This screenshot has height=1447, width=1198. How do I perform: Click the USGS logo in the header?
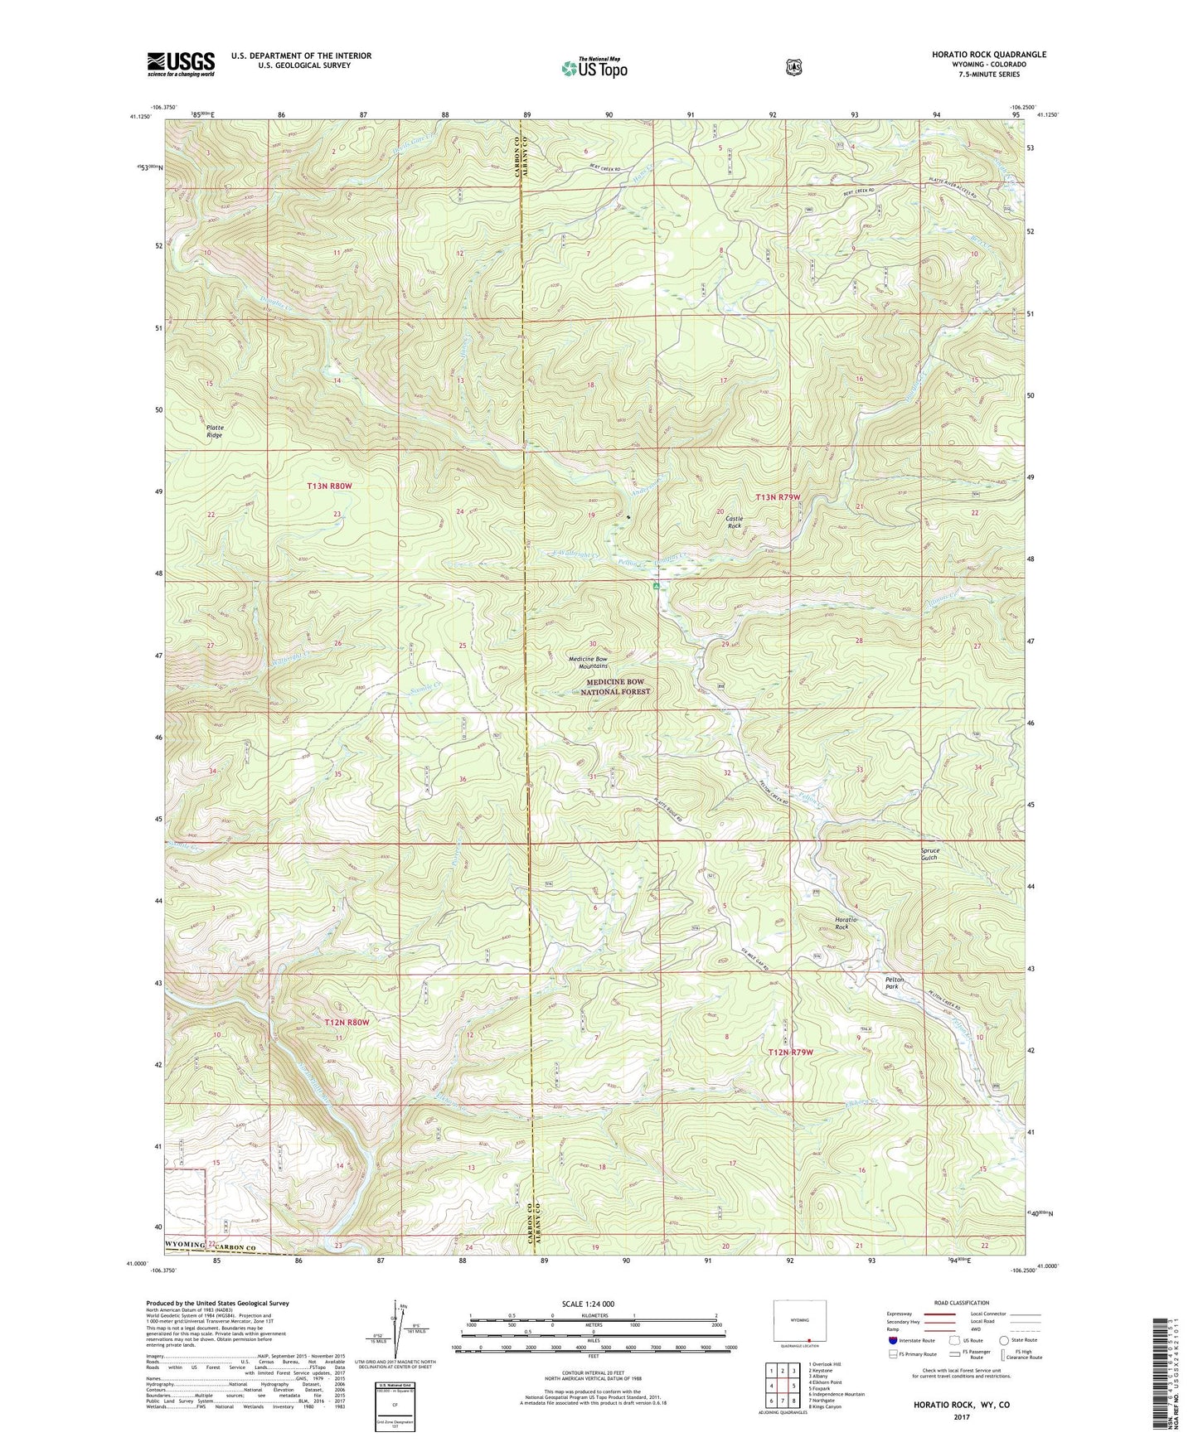tap(181, 63)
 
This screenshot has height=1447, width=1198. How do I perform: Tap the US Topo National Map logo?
tap(593, 67)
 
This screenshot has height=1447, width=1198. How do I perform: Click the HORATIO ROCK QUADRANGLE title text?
tap(977, 55)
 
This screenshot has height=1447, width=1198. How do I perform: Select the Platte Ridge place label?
tap(215, 431)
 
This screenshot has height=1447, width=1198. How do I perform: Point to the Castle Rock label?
tap(734, 522)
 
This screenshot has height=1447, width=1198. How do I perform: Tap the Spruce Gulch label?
tap(929, 854)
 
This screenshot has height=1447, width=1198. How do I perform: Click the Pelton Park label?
tap(892, 983)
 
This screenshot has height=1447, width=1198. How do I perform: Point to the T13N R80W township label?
tap(330, 486)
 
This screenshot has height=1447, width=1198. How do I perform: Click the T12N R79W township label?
tap(790, 1052)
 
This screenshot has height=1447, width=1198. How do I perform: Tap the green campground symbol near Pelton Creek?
tap(656, 586)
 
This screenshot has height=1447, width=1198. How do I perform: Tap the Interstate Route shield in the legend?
tap(892, 1339)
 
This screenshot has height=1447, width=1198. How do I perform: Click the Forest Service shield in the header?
tap(793, 66)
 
